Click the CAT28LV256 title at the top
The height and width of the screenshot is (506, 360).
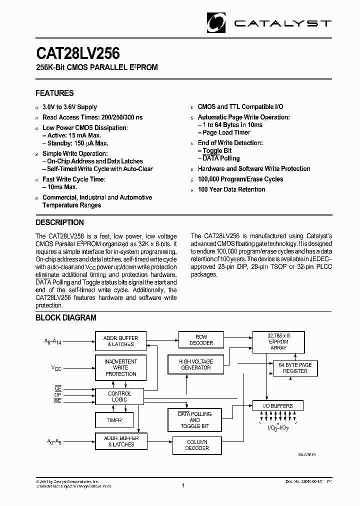click(x=77, y=53)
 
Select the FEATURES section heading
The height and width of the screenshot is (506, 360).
click(x=54, y=93)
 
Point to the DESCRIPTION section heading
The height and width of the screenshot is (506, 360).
click(x=59, y=222)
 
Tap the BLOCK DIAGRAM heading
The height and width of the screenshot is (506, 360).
click(x=65, y=317)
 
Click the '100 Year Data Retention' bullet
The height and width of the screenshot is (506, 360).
click(x=231, y=189)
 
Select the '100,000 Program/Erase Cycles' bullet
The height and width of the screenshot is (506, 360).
click(x=240, y=179)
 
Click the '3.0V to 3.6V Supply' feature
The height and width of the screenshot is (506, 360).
click(x=69, y=107)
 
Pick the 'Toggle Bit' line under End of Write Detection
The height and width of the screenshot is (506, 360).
click(x=217, y=150)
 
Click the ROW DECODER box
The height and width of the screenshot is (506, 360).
click(x=201, y=340)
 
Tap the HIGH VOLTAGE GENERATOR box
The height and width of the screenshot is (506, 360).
click(x=195, y=364)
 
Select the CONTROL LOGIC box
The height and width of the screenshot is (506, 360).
click(x=120, y=396)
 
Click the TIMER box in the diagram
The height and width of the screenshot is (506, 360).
click(x=114, y=420)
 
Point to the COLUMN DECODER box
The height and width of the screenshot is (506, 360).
click(x=197, y=445)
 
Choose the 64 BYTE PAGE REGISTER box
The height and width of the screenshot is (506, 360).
click(x=295, y=368)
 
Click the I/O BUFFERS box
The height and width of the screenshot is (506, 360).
click(x=278, y=406)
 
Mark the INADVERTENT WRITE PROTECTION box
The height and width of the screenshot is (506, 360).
click(x=120, y=367)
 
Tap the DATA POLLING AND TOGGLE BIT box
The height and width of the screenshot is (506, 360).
click(x=194, y=420)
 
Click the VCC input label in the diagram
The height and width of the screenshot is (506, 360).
click(x=57, y=367)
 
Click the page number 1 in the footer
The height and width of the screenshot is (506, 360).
click(x=183, y=485)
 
